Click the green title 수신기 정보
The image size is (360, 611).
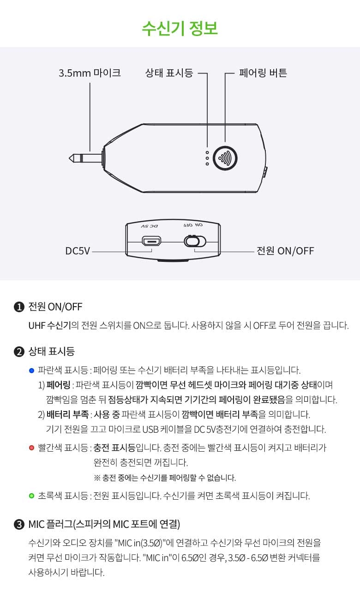180,28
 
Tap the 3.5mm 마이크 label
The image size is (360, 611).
90,73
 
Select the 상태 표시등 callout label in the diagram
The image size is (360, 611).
169,73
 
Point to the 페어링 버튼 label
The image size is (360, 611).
263,73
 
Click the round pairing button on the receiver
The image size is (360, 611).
225,158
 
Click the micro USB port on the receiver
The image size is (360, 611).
151,241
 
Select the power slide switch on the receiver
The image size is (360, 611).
195,241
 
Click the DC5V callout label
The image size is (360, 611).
78,251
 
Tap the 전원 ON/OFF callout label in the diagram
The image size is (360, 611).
285,251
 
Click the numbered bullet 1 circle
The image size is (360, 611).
19,307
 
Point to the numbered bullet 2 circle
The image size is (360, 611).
19,351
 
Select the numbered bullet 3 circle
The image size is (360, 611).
19,525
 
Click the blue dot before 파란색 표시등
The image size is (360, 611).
31,370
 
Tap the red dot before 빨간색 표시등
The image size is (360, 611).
31,448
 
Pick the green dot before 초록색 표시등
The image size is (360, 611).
31,496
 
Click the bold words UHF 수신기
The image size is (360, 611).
49,325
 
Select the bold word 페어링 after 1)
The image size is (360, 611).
58,385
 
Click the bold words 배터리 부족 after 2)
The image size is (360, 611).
67,414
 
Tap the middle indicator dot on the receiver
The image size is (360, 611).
207,158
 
